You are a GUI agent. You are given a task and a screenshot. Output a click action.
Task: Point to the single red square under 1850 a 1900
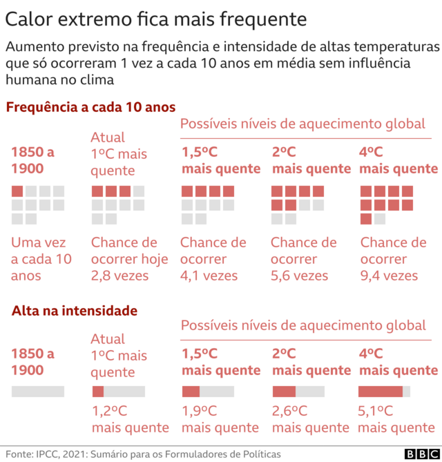17,191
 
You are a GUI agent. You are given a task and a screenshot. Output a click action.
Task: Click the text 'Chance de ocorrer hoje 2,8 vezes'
129,259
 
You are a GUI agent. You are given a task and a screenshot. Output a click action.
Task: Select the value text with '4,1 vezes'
209,276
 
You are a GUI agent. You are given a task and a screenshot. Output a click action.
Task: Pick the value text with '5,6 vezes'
299,276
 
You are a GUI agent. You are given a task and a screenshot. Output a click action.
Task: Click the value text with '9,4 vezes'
389,276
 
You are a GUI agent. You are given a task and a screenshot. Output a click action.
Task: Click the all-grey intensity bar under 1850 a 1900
38,392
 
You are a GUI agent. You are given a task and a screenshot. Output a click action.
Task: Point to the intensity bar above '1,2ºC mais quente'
118,392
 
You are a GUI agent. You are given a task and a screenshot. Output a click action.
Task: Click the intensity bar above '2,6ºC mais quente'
298,392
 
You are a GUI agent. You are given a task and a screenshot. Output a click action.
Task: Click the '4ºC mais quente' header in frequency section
398,160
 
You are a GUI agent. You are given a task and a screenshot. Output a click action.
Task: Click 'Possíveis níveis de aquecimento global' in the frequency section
302,124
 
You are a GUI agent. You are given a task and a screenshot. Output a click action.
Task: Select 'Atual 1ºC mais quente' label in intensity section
119,356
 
